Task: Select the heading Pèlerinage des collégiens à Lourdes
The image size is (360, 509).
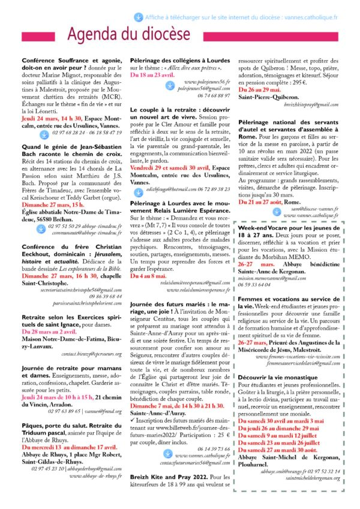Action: tap(179, 62)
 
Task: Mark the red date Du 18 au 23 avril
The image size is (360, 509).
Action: tap(154, 75)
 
